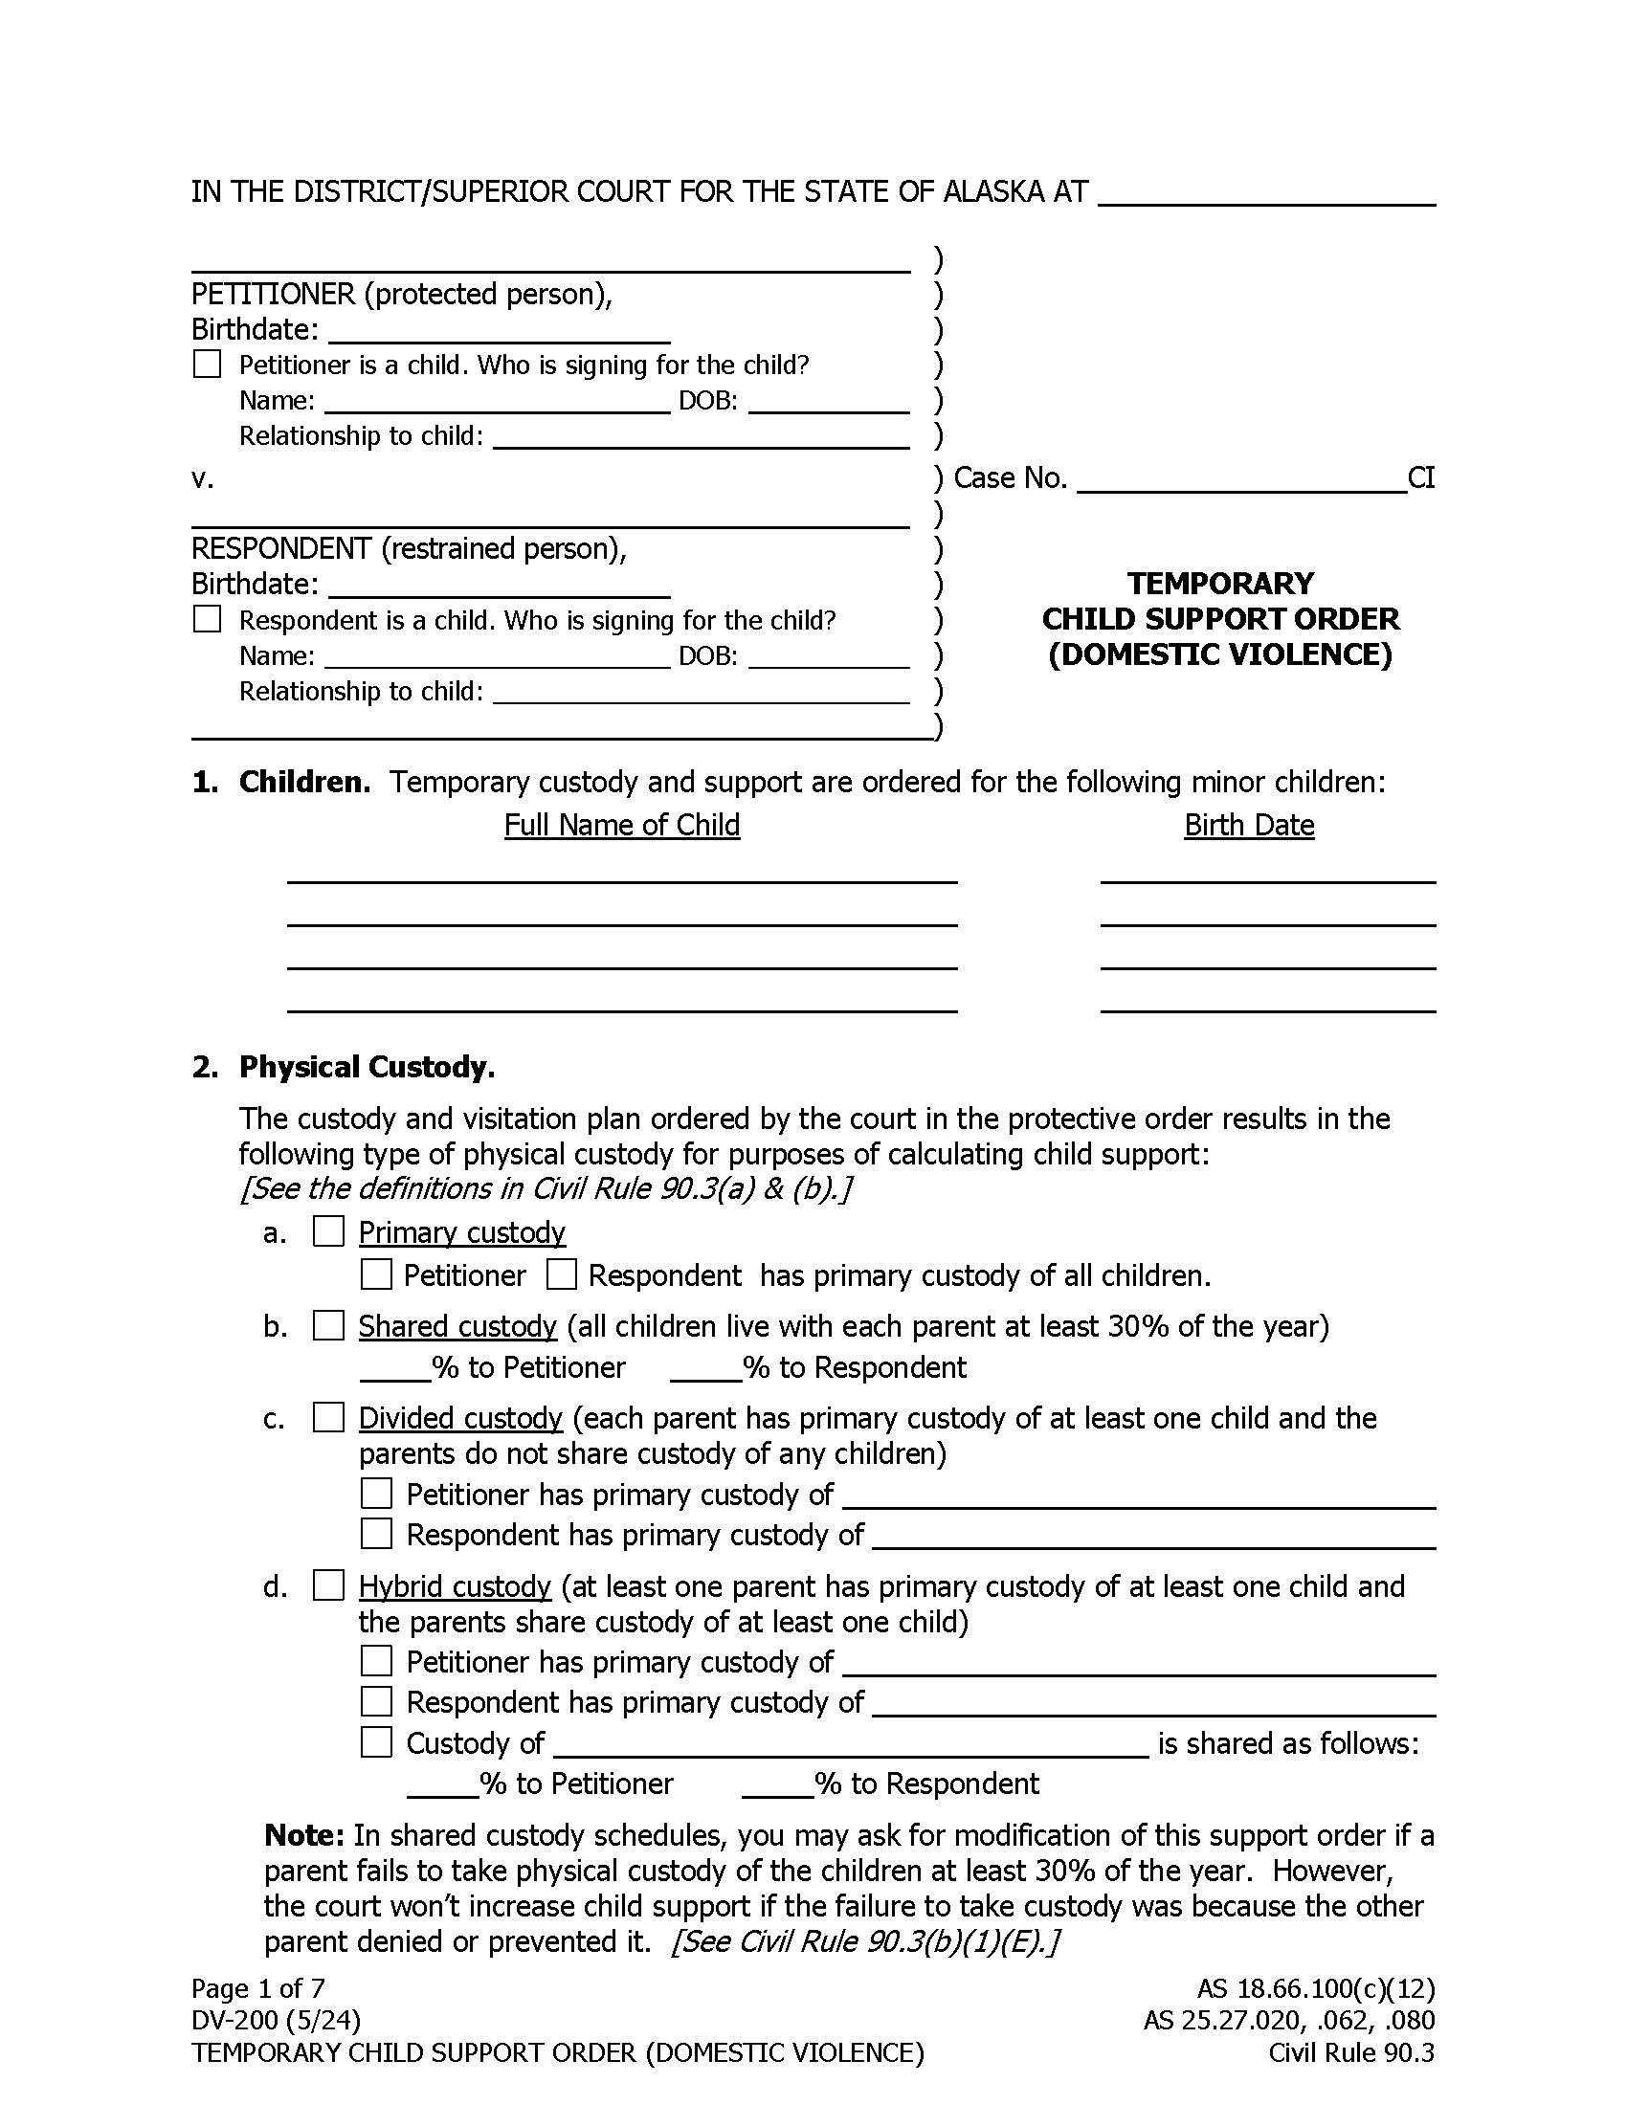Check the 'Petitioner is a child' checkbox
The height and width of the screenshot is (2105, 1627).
pos(208,364)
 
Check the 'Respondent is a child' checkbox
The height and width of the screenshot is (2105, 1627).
pos(208,619)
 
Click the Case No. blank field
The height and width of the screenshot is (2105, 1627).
pos(1240,479)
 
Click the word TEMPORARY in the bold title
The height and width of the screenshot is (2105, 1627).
pos(1220,583)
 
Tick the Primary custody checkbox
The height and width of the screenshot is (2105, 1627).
pos(328,1231)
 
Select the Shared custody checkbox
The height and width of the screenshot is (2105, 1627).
pos(328,1325)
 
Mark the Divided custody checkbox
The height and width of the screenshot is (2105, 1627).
pos(328,1417)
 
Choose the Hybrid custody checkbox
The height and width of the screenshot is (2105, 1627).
pos(328,1585)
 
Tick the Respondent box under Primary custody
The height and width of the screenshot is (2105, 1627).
pos(561,1274)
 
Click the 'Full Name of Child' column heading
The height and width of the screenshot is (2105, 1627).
pos(622,825)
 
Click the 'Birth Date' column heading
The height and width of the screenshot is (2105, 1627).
pos(1248,825)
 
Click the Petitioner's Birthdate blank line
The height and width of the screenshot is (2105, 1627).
pos(499,330)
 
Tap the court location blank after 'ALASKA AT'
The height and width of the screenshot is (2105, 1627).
pos(1266,191)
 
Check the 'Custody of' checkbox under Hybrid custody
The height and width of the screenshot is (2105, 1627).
pos(376,1741)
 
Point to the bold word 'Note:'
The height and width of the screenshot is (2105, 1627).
pos(303,1834)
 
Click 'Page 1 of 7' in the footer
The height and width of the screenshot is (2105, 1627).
pos(257,1987)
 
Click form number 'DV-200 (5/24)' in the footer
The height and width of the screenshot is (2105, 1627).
pos(276,2019)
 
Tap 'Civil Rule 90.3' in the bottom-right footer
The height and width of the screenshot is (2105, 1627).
pos(1350,2052)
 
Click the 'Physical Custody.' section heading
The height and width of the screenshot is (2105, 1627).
pos(367,1067)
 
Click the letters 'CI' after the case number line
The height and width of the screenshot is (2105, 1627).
pos(1420,478)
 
